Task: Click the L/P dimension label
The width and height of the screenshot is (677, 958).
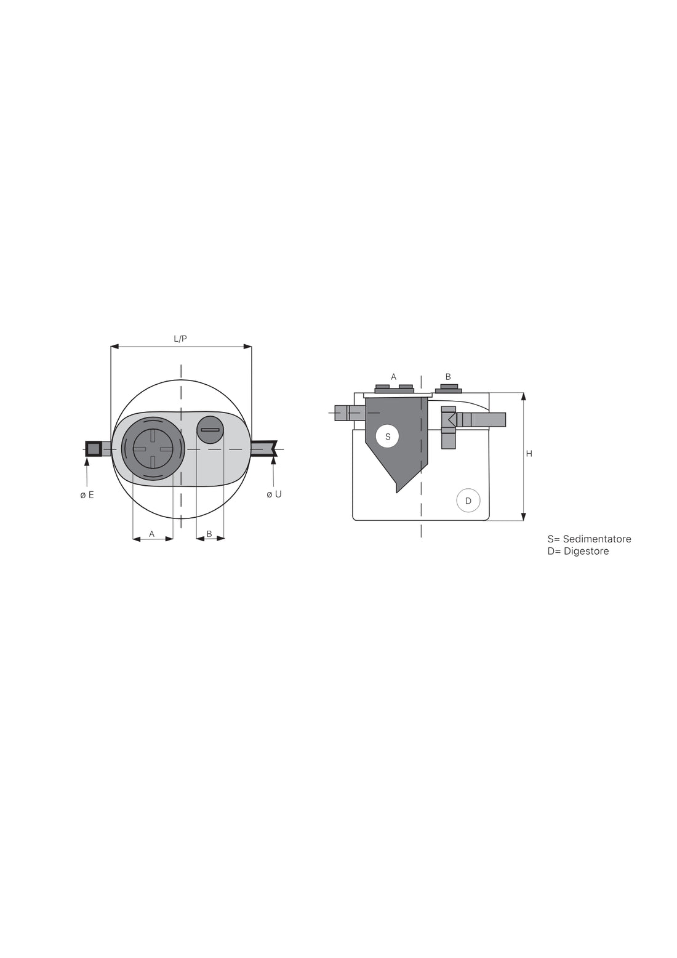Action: [x=180, y=339]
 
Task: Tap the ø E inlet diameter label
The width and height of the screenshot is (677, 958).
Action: [x=87, y=494]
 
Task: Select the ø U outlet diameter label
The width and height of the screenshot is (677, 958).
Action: [x=274, y=494]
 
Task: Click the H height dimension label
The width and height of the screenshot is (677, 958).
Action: [x=529, y=454]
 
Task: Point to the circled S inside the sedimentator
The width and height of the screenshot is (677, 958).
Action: [x=388, y=437]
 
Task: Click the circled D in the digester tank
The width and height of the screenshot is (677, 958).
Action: [x=468, y=501]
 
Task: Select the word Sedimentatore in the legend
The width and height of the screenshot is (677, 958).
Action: [x=596, y=539]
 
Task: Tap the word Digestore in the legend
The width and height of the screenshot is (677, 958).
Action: [x=586, y=551]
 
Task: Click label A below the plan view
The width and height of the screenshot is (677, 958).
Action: [x=152, y=534]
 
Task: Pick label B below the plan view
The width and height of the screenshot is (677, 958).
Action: [x=209, y=534]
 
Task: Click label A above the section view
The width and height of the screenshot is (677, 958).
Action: [x=394, y=377]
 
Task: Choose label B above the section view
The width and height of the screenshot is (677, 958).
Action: [x=448, y=377]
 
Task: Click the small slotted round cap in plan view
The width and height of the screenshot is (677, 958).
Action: [x=210, y=430]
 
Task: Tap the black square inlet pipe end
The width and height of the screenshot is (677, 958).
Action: [x=94, y=449]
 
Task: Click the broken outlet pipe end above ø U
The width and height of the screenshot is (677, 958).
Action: [x=265, y=448]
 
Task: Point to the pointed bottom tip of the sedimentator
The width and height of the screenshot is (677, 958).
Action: [x=398, y=491]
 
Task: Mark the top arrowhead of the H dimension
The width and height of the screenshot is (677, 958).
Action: [x=523, y=396]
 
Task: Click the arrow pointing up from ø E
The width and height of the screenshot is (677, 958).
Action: [x=87, y=462]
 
